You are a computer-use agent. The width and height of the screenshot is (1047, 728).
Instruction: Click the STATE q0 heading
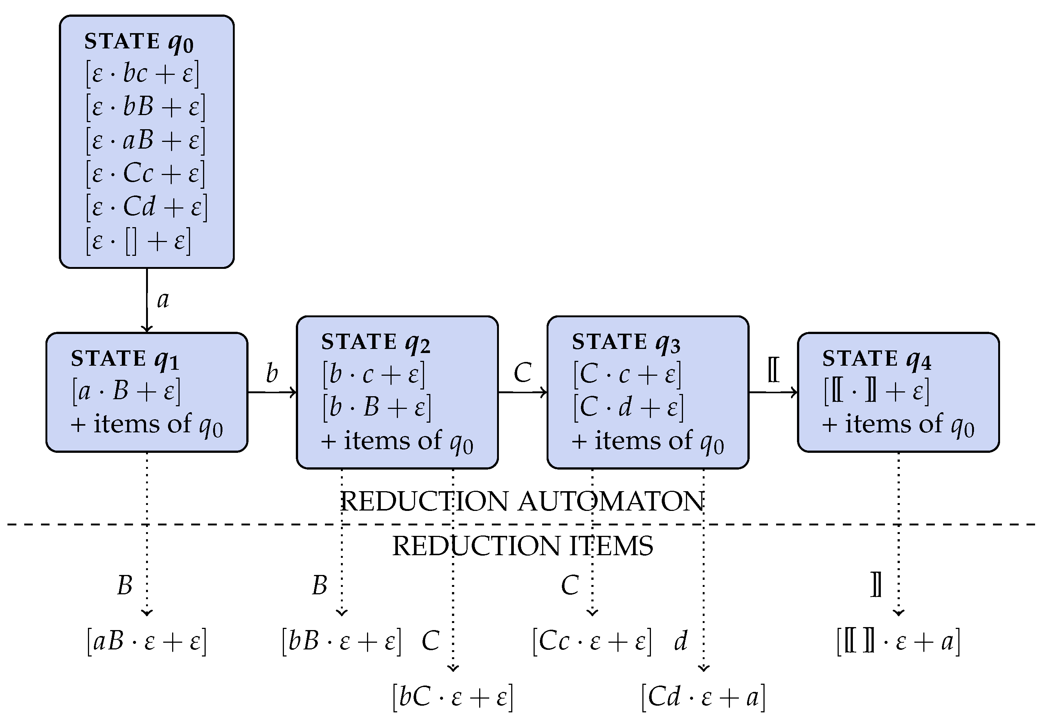click(139, 42)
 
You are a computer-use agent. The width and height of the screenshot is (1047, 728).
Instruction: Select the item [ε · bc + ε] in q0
click(142, 74)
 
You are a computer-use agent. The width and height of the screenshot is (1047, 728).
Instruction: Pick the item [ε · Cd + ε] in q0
click(146, 207)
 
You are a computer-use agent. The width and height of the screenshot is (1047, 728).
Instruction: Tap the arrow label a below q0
click(163, 300)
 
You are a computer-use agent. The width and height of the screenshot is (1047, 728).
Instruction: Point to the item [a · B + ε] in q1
click(126, 391)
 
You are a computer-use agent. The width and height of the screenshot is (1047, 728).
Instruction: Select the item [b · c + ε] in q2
click(373, 374)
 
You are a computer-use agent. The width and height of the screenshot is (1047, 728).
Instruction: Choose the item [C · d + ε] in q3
click(628, 407)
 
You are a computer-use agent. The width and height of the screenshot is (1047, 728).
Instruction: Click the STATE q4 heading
click(876, 359)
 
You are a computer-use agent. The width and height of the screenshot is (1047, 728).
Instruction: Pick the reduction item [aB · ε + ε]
click(146, 641)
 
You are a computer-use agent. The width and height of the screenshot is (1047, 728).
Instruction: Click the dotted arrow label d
click(680, 641)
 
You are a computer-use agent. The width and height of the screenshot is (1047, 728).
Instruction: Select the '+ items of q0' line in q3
click(648, 441)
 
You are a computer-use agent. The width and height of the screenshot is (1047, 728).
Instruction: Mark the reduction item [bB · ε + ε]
click(341, 641)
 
